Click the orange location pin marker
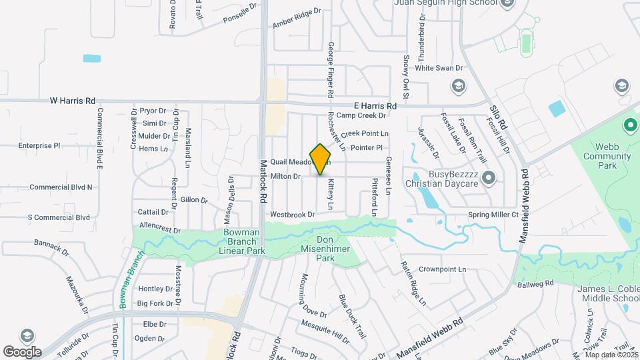point(321,159)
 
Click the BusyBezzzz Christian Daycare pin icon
point(489,177)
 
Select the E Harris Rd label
point(375,106)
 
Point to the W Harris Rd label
point(73,101)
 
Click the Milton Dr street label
point(286,176)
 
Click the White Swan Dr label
point(439,68)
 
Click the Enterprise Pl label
point(39,145)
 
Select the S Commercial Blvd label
point(59,217)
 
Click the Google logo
point(22,351)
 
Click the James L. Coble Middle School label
point(607,293)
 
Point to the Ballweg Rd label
point(535,283)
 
